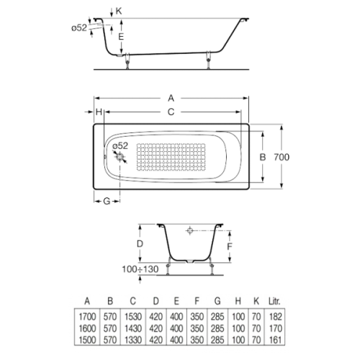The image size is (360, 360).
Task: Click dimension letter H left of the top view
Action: coord(97,112)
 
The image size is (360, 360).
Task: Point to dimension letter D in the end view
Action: coord(140,245)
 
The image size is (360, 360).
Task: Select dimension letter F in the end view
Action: coord(230,245)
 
